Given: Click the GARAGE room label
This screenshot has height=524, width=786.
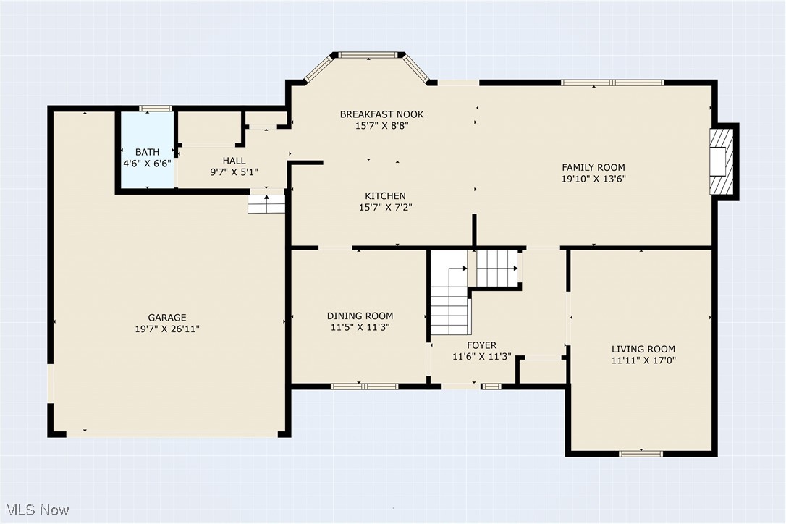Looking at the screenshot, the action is (167, 318).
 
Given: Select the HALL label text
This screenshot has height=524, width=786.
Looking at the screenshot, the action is (234, 161).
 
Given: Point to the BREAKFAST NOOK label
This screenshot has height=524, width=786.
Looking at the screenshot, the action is (382, 114).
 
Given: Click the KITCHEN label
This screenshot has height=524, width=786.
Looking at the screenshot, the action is (385, 196).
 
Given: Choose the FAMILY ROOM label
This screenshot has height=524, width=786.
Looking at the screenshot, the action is (593, 167).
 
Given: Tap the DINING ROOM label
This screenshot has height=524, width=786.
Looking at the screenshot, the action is (360, 316).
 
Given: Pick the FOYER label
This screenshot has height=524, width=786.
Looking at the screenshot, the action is (482, 345).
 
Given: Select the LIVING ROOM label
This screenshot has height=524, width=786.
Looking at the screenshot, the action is (643, 349).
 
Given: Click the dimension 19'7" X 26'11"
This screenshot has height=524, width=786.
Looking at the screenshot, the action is (167, 329).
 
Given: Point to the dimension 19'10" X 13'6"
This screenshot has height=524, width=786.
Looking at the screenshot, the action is (593, 179).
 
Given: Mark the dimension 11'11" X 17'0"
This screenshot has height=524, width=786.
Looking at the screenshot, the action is (643, 360).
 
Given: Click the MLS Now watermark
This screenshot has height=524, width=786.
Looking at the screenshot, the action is (37, 510).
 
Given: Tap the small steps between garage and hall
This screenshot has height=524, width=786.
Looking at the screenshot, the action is (266, 204).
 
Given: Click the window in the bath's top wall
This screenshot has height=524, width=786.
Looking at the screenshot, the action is (156, 109).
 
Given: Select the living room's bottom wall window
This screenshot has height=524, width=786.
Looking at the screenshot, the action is (641, 453).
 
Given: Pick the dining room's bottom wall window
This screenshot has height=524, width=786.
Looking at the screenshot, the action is (365, 386).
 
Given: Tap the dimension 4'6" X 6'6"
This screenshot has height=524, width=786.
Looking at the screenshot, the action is (148, 164).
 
